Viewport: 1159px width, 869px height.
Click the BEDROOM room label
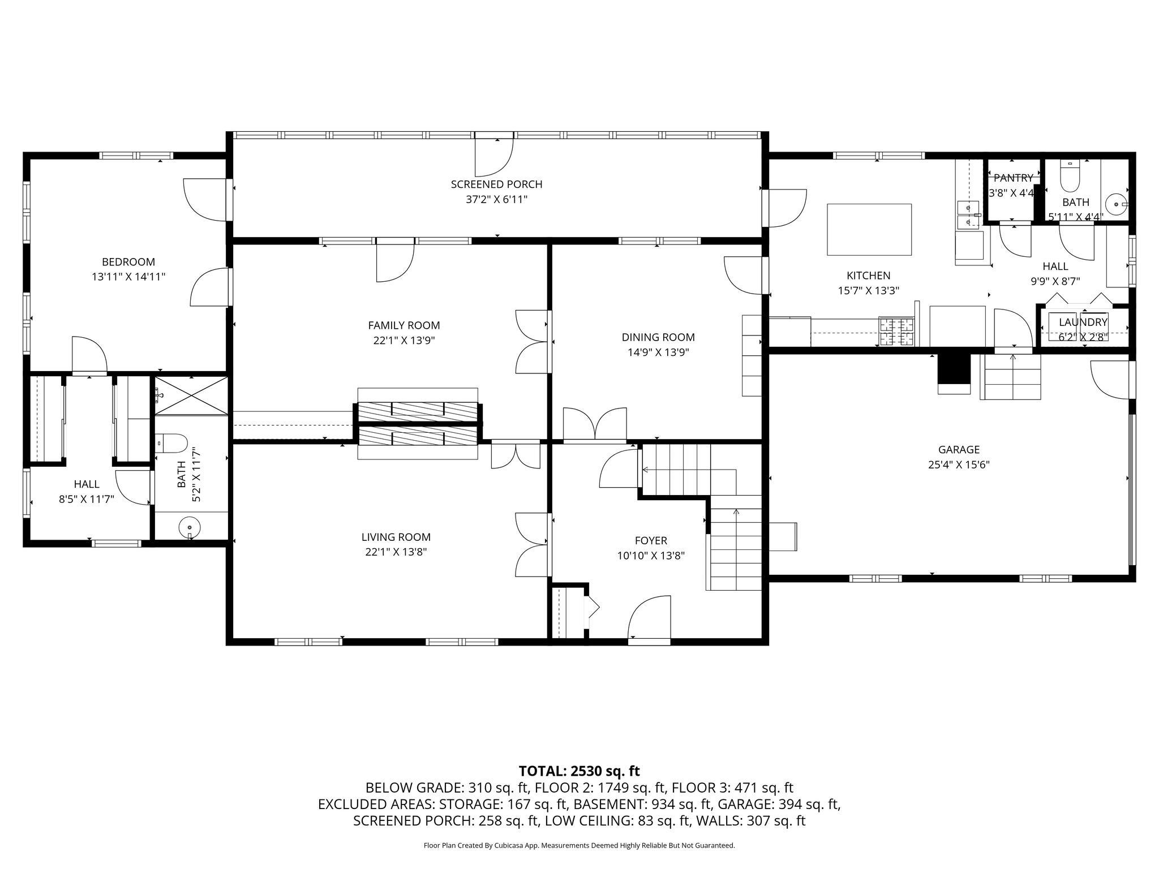(128, 262)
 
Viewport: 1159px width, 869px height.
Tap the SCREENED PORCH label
(496, 184)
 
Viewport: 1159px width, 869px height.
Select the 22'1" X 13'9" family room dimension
(403, 341)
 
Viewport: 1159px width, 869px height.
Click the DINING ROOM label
(658, 337)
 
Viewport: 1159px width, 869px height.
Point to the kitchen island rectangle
(869, 229)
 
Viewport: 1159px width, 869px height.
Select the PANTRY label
(1013, 178)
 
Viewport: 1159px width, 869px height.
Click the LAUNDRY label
(1083, 322)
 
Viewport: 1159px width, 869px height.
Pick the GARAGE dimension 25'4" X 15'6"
(958, 465)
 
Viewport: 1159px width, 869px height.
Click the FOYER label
(651, 541)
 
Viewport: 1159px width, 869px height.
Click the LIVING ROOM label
(396, 537)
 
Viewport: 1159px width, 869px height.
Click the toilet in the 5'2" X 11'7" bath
(171, 444)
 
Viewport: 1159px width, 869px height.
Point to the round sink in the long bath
(189, 528)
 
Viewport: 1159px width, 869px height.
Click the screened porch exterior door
(493, 156)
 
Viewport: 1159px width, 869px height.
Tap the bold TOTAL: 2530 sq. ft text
(579, 771)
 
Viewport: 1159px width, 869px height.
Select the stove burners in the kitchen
(896, 332)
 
